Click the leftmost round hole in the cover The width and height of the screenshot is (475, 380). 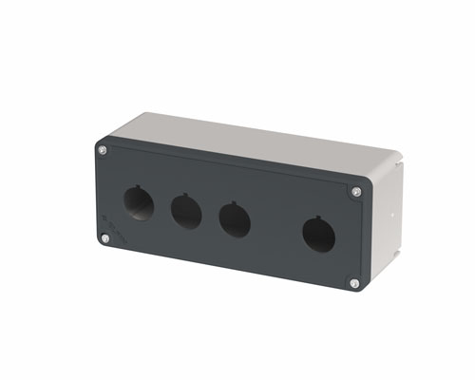coord(139,204)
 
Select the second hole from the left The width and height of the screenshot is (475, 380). coord(184,211)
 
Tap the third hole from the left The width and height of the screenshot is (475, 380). coord(234,219)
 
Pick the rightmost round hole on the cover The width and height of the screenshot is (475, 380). coord(318,235)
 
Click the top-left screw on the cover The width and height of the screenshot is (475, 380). coord(103,150)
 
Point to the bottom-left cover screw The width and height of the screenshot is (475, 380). coord(104,238)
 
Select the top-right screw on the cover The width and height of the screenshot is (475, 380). coord(356,192)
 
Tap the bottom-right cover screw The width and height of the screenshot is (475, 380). coord(353,283)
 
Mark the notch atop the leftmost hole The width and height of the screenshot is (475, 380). coord(140,187)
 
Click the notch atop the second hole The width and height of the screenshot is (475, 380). coord(185,196)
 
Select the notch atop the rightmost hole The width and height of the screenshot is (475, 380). coord(319,218)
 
